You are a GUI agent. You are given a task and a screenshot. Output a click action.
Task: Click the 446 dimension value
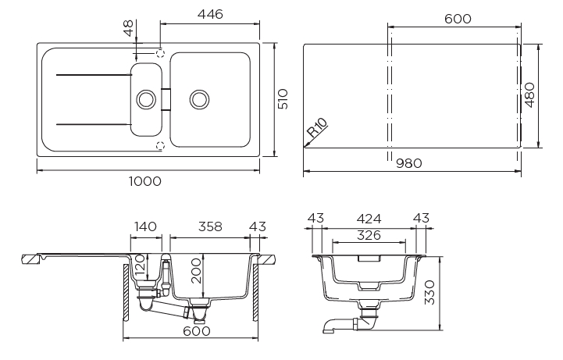(210, 14)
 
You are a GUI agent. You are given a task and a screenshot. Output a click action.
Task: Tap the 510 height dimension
(283, 98)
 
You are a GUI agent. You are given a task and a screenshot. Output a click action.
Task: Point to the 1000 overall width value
(145, 181)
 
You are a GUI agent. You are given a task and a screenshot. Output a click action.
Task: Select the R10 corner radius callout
(317, 128)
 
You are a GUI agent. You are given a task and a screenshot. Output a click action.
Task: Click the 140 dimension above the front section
(145, 226)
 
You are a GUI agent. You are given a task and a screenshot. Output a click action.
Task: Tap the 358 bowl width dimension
(208, 226)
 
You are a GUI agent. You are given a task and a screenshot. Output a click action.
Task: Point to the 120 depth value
(140, 266)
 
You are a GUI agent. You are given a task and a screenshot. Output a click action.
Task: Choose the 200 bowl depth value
(197, 270)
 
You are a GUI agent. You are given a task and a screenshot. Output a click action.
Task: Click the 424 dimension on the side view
(369, 218)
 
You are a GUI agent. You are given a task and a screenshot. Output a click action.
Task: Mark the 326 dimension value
(369, 234)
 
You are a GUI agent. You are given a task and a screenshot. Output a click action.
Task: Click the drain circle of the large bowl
(199, 99)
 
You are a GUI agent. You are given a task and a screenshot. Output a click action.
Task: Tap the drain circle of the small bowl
(145, 99)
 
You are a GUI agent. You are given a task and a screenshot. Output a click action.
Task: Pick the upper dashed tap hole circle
(161, 54)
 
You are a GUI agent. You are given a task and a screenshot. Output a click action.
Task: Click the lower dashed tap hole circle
(161, 145)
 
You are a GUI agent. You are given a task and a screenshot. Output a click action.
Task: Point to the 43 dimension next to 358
(258, 226)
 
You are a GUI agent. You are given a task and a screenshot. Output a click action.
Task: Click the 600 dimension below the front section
(198, 331)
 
